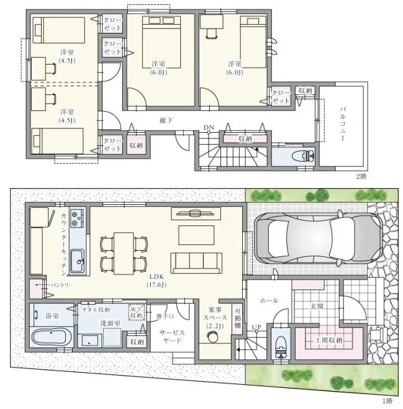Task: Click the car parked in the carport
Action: point(319,238)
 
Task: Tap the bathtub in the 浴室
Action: point(48,337)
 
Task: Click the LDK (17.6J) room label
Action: point(156,281)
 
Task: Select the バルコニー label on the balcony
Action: point(342,124)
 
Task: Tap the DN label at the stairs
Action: point(209,127)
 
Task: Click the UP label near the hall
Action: point(256,327)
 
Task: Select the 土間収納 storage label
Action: point(328,340)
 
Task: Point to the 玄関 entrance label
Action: point(317,306)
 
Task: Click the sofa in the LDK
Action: point(197,263)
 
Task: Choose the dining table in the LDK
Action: point(124,253)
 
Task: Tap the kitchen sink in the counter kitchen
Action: point(77,261)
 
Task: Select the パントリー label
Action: point(62,285)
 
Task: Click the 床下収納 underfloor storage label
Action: point(137,312)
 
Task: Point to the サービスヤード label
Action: point(172,336)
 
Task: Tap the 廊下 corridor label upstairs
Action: point(166,120)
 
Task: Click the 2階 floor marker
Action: point(361,176)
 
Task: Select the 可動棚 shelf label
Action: point(237,318)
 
